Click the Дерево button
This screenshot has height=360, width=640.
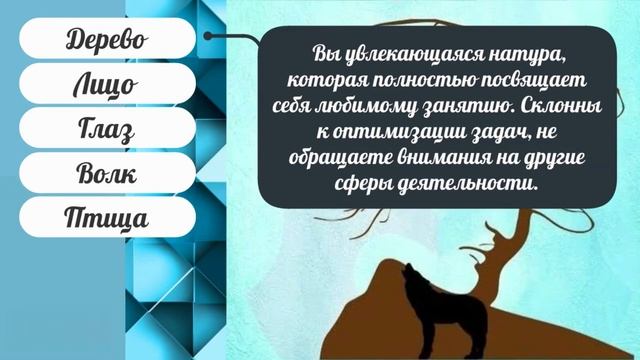click(x=106, y=40)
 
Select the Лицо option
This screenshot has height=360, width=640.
click(x=106, y=85)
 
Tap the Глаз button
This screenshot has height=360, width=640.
click(x=106, y=130)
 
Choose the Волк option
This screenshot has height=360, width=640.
click(x=106, y=174)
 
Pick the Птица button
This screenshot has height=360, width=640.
click(x=106, y=218)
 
